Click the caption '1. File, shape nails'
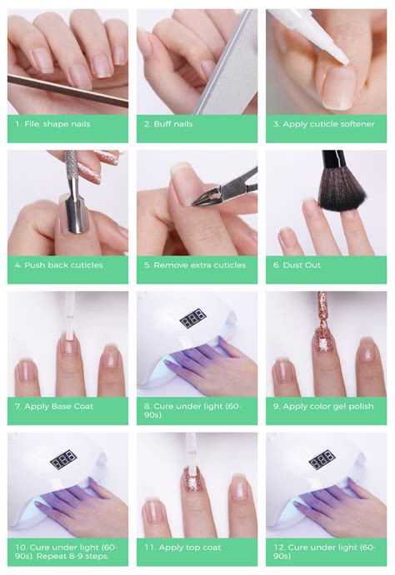pos(52,124)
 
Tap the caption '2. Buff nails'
pos(168,124)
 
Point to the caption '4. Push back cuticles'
pos(59,265)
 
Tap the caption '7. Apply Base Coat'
pos(55,406)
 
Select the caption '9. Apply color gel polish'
pos(321,406)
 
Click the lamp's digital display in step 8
pos(194,319)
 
